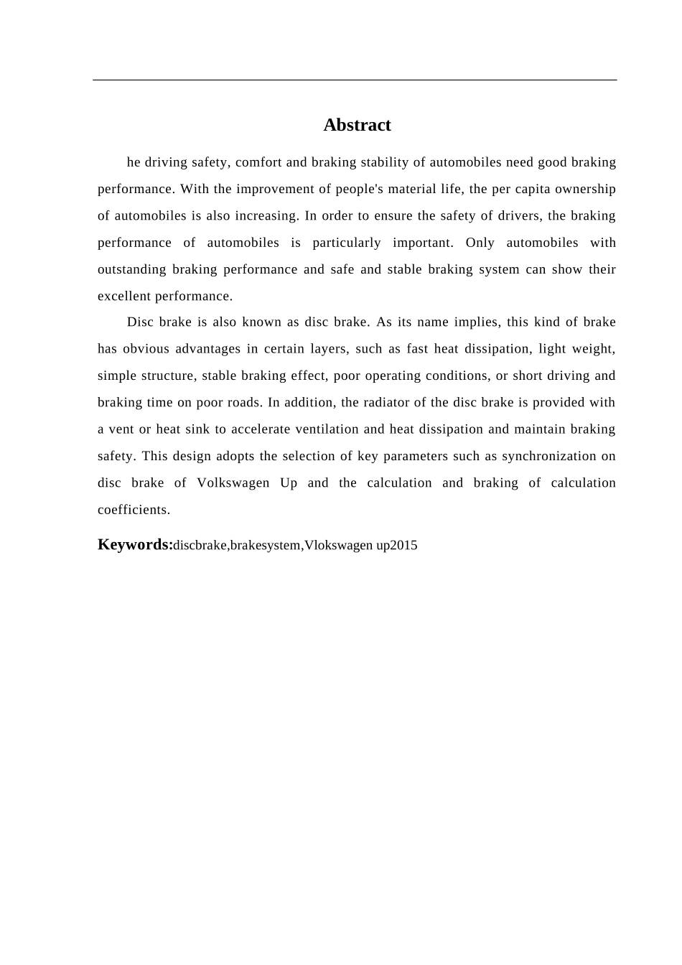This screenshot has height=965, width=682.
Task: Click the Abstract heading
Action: tap(357, 125)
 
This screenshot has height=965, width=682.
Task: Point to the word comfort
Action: tap(258, 162)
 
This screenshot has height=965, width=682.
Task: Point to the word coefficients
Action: tap(134, 510)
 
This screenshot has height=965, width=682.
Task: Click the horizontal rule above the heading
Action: tap(355, 80)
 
